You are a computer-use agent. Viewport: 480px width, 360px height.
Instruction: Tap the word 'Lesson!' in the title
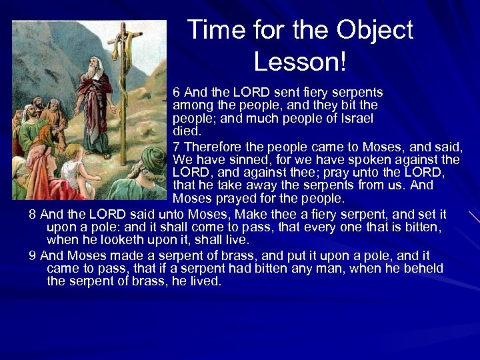pyautogui.click(x=300, y=62)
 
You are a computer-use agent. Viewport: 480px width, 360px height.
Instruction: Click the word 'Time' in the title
pyautogui.click(x=213, y=31)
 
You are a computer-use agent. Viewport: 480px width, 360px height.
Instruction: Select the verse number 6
pyautogui.click(x=177, y=93)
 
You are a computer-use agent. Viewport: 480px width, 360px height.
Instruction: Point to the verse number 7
pyautogui.click(x=177, y=146)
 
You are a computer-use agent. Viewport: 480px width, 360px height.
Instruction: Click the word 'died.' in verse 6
pyautogui.click(x=187, y=131)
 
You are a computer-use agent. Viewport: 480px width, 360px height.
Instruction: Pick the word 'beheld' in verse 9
pyautogui.click(x=425, y=269)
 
